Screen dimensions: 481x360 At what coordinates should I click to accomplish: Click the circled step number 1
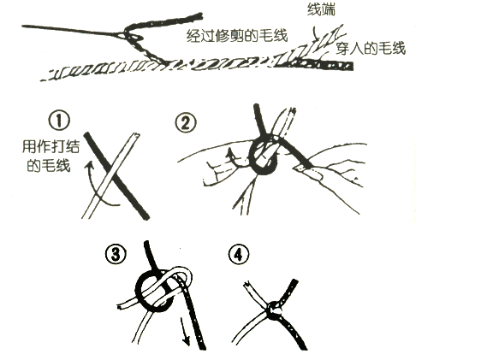[x=59, y=121]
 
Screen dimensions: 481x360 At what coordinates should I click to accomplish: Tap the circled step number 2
[x=185, y=123]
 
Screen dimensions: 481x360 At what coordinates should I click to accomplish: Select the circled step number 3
[x=116, y=254]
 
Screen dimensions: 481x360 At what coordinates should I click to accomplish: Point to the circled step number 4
[x=239, y=255]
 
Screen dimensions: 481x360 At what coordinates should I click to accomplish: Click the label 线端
[x=321, y=9]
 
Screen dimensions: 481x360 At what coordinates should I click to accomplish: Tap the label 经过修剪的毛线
[x=237, y=36]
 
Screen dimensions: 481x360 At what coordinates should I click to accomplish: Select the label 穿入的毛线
[x=371, y=48]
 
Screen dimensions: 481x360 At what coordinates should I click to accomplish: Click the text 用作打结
[x=50, y=146]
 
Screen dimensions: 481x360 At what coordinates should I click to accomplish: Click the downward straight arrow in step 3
[x=184, y=331]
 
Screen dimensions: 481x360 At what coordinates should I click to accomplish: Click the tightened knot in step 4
[x=274, y=310]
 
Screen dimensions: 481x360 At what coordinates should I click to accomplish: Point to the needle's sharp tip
[x=22, y=27]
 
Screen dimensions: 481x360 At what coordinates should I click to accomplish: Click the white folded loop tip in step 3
[x=190, y=274]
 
